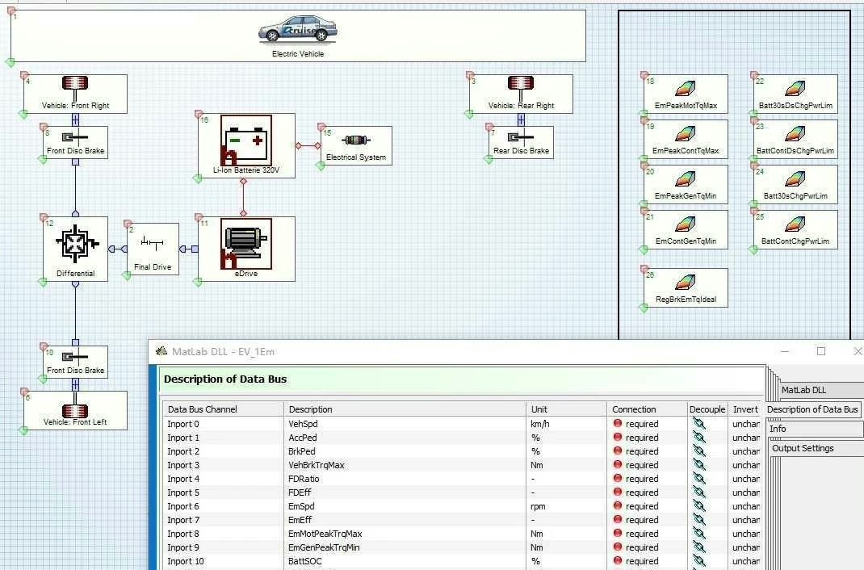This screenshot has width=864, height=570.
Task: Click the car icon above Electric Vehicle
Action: [x=297, y=30]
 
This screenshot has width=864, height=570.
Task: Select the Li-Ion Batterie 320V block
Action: [x=246, y=140]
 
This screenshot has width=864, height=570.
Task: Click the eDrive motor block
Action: [x=246, y=243]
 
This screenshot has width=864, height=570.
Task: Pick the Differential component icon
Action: [x=76, y=241]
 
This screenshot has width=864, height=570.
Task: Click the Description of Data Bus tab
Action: [x=812, y=409]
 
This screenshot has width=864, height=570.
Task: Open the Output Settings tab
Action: [x=803, y=448]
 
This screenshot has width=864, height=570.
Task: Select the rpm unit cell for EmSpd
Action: [x=539, y=506]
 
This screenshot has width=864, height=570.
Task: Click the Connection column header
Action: [x=634, y=409]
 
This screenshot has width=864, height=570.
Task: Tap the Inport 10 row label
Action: [x=186, y=561]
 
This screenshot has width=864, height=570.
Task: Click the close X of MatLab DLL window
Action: [x=858, y=351]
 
